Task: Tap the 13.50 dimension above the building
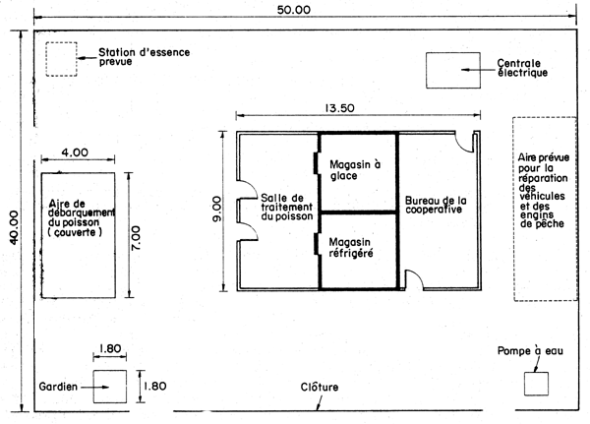345,108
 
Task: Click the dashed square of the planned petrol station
61,60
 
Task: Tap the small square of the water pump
535,384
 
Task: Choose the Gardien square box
109,389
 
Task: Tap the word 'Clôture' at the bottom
319,388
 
